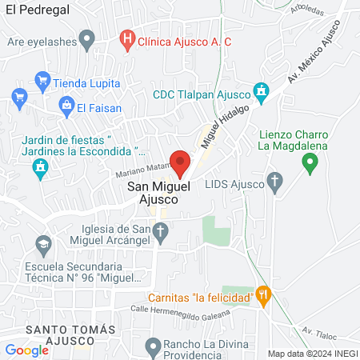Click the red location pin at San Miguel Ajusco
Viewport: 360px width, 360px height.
[180, 162]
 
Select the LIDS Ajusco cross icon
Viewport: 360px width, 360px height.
[275, 183]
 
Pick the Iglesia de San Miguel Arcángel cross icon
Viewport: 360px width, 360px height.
[160, 234]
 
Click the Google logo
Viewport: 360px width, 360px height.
[26, 350]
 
